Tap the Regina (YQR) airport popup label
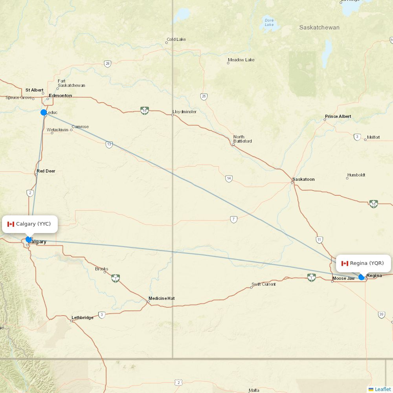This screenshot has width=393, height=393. (x=363, y=263)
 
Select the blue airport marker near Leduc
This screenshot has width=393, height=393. (x=44, y=112)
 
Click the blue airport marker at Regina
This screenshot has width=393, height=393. (x=362, y=277)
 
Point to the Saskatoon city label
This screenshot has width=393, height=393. (x=303, y=179)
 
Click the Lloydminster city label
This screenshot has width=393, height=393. (x=184, y=112)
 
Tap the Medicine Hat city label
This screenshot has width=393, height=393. (x=161, y=298)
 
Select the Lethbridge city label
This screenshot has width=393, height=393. (x=83, y=318)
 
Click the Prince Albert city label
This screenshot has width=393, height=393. (x=338, y=117)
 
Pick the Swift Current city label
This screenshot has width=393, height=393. (x=264, y=284)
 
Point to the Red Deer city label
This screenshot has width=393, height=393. (x=46, y=171)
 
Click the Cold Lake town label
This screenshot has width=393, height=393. (x=176, y=39)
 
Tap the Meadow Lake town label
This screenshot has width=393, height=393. (x=241, y=60)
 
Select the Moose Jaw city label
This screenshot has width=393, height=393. (x=343, y=279)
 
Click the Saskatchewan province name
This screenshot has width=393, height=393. (x=319, y=28)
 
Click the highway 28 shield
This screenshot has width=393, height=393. (x=108, y=64)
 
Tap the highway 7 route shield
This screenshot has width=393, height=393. (x=234, y=219)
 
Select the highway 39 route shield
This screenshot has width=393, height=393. (x=381, y=314)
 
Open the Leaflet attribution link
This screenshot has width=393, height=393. (x=382, y=389)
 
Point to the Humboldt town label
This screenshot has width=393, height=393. (x=356, y=175)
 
